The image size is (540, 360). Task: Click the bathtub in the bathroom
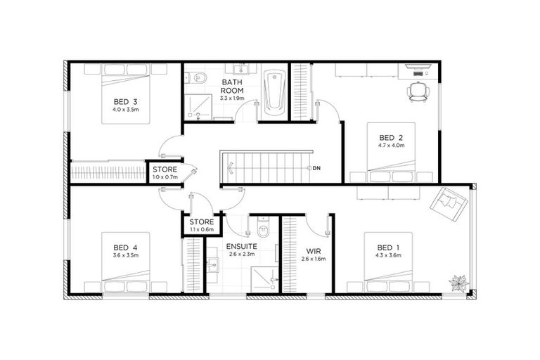coord(275,93)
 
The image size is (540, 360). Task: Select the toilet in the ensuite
coord(264,229)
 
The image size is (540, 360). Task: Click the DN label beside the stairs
coord(316,168)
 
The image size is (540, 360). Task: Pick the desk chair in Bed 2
coord(418,91)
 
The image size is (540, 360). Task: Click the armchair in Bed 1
coord(449,203)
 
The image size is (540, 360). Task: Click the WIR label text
coord(314,250)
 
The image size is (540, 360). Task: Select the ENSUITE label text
coord(240,247)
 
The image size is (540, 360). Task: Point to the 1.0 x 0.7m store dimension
coord(164,177)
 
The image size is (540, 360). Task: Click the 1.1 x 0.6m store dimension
coord(202,229)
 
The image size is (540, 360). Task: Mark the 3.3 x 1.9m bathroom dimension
coord(232,98)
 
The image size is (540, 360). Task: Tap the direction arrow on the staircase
coord(230,168)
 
